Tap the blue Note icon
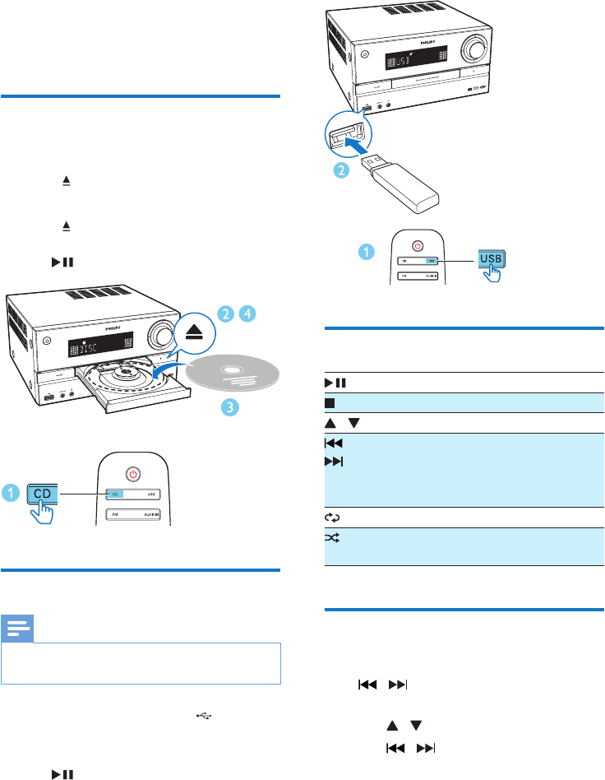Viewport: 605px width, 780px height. click(17, 630)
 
